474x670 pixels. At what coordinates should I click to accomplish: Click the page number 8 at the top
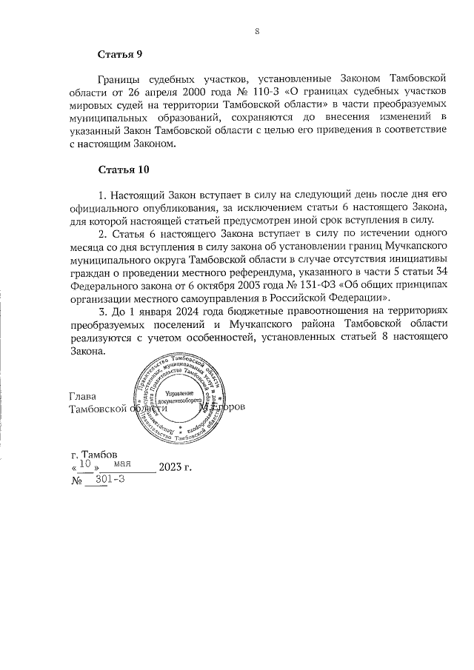click(x=256, y=31)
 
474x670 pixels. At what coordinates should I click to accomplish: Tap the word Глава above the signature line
click(x=81, y=396)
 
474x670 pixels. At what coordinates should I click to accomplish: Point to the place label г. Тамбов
click(x=88, y=454)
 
